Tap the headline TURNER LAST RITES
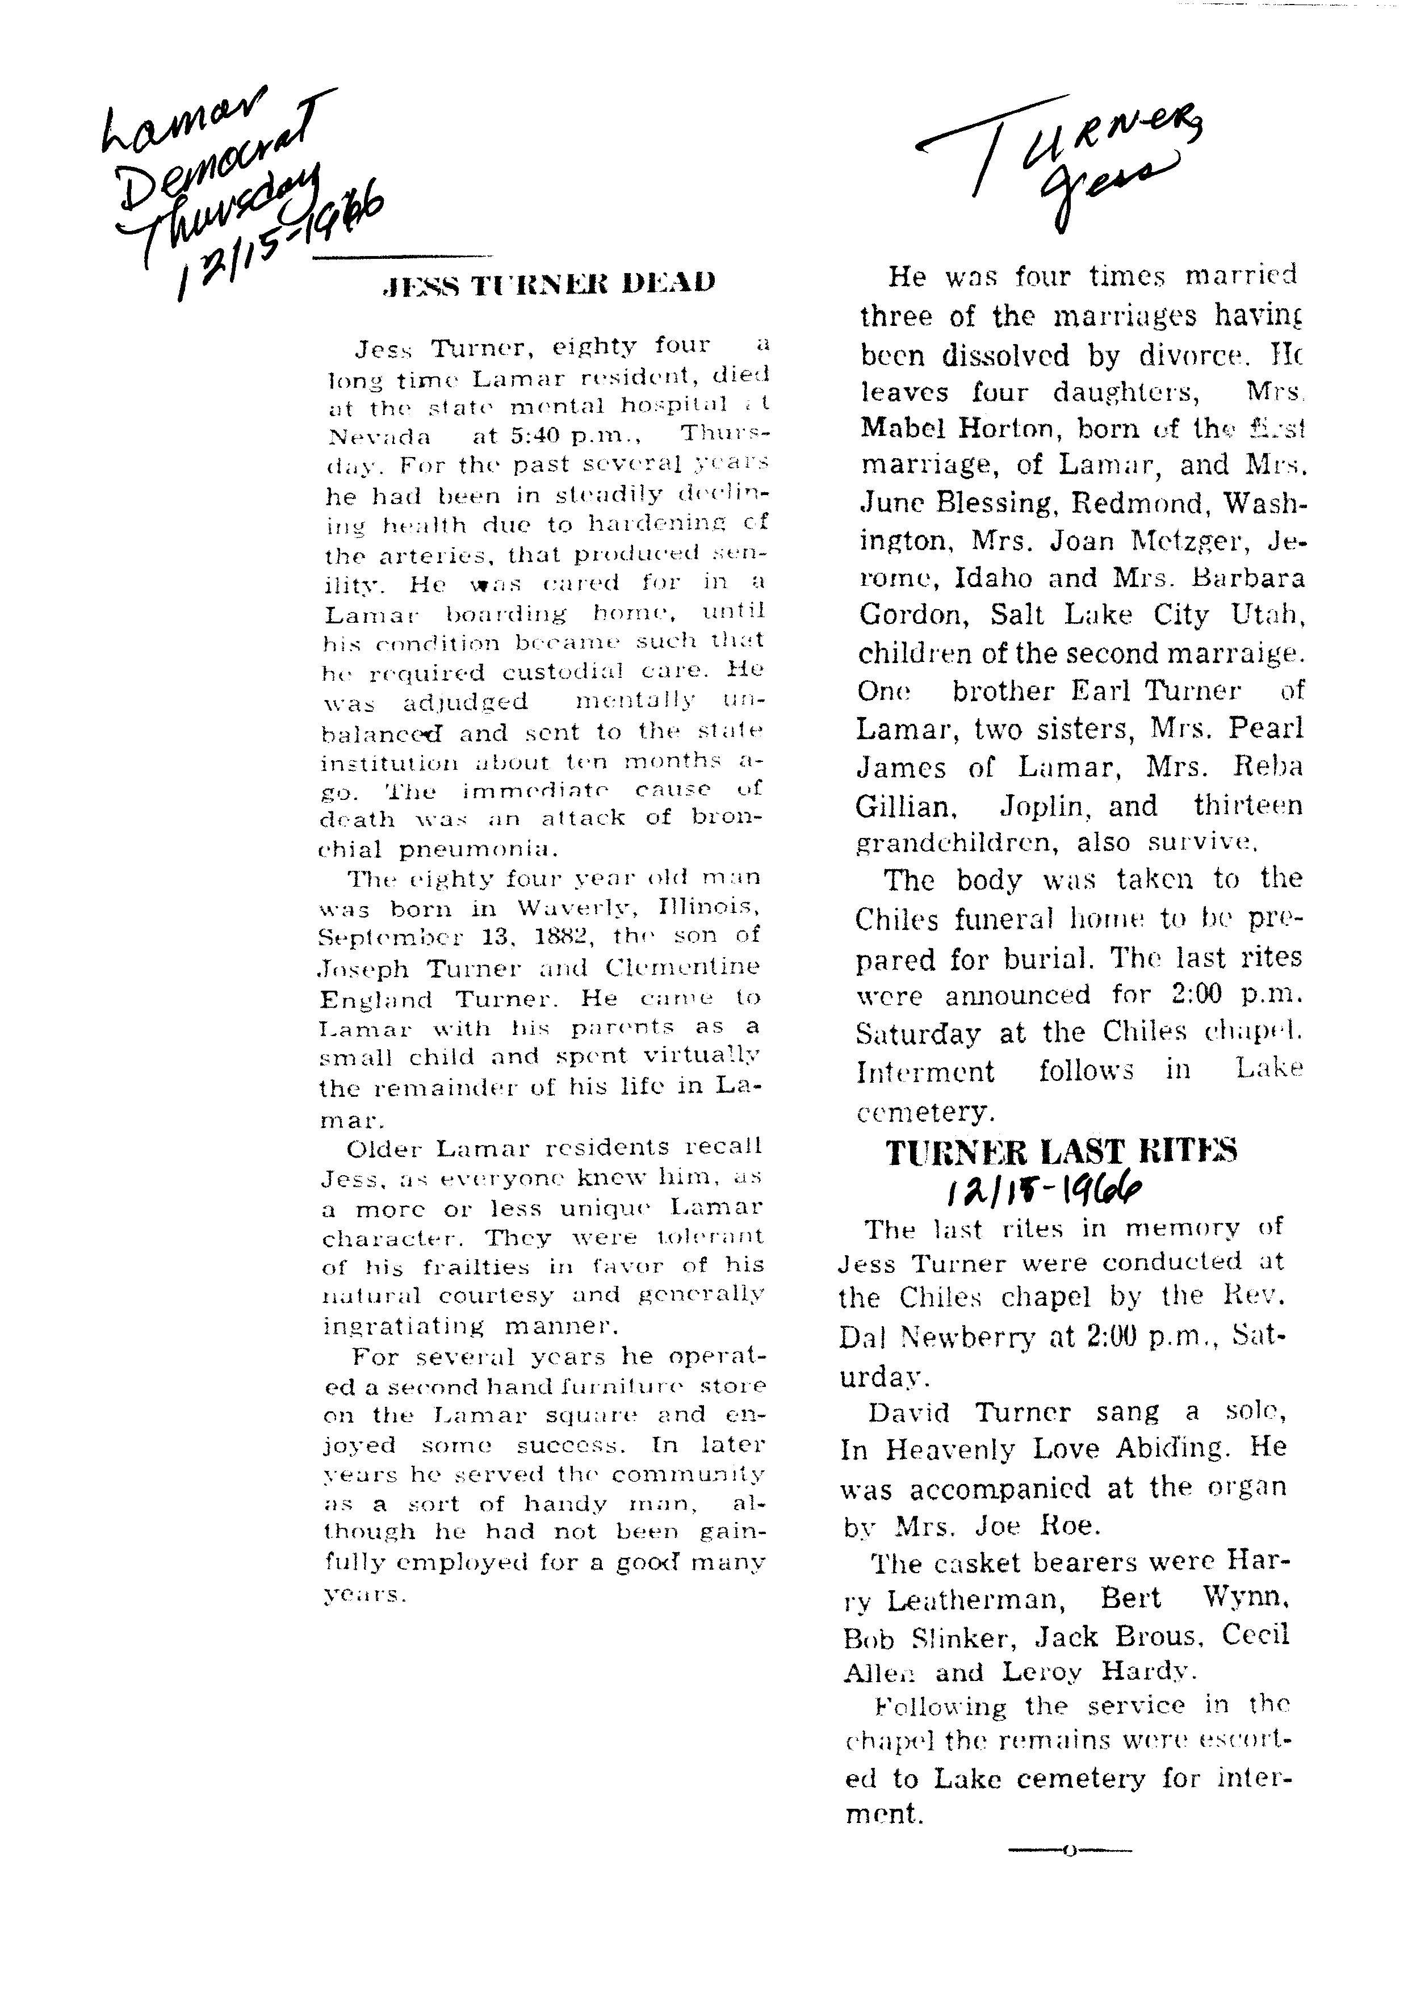click(1061, 1151)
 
